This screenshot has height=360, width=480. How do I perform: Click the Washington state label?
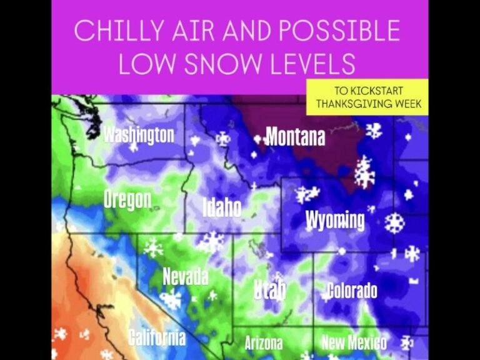point(138,134)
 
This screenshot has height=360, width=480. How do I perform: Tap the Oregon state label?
point(127,199)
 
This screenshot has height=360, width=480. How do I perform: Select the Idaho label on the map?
point(222,207)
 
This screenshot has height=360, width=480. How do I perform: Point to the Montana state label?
point(295,136)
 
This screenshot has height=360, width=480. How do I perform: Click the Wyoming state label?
point(335,220)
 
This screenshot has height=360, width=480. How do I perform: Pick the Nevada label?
point(185,276)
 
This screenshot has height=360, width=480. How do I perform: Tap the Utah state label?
point(269,289)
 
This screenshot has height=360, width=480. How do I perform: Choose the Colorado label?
point(352,291)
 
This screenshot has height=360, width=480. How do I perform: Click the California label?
point(157,337)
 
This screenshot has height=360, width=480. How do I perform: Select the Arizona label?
point(263,343)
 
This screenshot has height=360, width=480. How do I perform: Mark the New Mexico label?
point(354,342)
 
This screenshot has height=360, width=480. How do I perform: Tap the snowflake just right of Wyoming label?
point(394,222)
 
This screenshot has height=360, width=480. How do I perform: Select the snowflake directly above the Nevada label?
point(153,248)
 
